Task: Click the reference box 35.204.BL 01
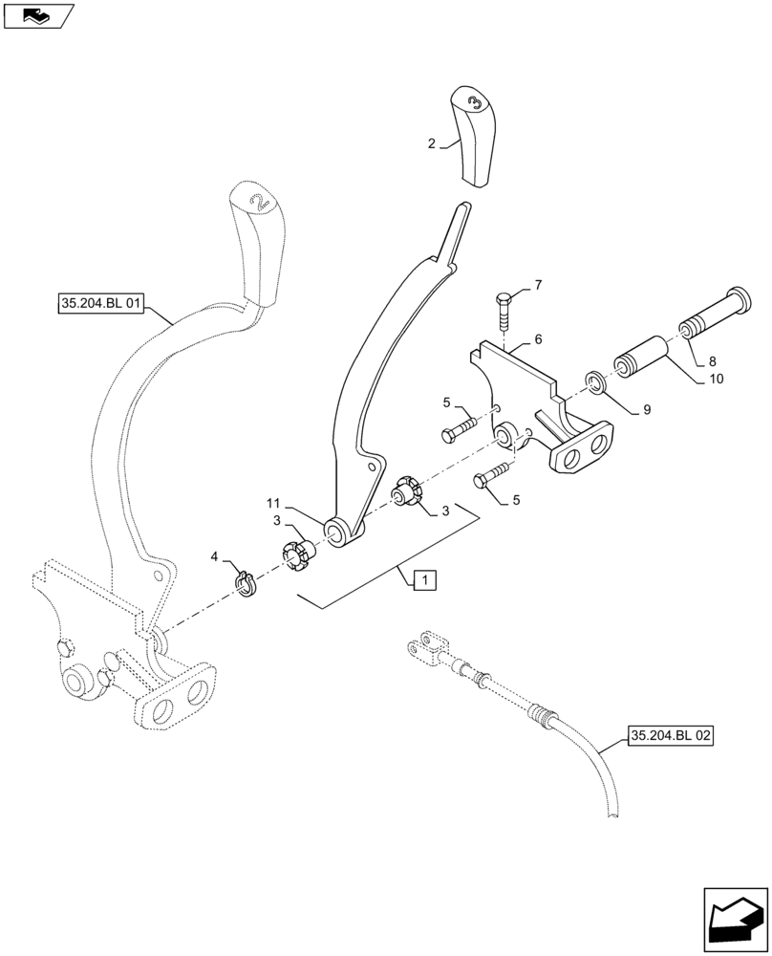pos(100,305)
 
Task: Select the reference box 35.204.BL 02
pos(671,735)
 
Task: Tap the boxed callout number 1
pos(425,579)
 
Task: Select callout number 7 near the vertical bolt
pos(537,286)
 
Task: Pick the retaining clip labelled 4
pos(246,585)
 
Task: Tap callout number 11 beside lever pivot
pos(274,502)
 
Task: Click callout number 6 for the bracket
pos(538,339)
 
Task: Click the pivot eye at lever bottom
pos(336,531)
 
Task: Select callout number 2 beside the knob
pos(432,143)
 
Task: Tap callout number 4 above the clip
pos(215,555)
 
